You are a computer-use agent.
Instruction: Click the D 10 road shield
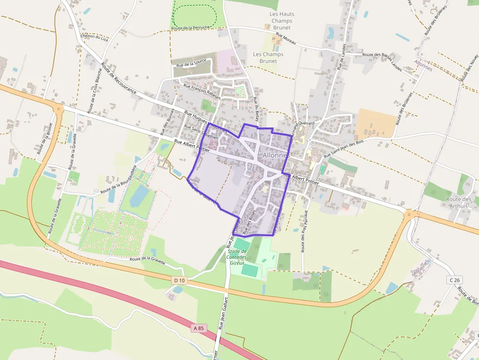tap(179, 280)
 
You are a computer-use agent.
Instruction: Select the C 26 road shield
tap(454, 280)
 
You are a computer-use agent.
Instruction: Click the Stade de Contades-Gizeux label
tap(237, 257)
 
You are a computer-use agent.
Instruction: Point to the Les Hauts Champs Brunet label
tap(282, 21)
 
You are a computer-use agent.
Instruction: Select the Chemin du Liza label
tap(94, 37)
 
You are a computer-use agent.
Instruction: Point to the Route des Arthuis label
tap(459, 203)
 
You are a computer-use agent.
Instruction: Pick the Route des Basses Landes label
tap(386, 61)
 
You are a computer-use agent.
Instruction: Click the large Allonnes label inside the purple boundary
tap(276, 155)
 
